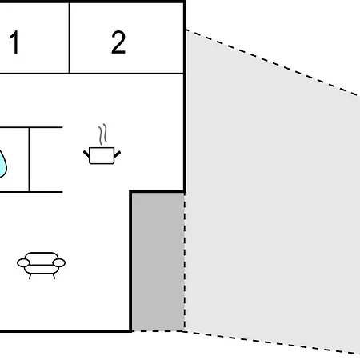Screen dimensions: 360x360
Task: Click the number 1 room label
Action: pyautogui.click(x=14, y=42)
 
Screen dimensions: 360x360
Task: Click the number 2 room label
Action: pyautogui.click(x=118, y=42)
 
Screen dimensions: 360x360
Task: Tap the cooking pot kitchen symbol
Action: pyautogui.click(x=102, y=144)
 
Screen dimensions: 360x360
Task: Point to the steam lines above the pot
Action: pyautogui.click(x=102, y=134)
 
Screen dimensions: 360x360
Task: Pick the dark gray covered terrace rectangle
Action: pyautogui.click(x=158, y=262)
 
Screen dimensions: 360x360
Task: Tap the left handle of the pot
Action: pyautogui.click(x=86, y=154)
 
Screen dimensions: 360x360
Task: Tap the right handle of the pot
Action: pyautogui.click(x=118, y=154)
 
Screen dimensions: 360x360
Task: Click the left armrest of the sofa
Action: pyautogui.click(x=23, y=263)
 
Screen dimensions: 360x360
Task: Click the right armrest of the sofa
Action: pyautogui.click(x=59, y=263)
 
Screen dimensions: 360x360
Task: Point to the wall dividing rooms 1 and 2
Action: pyautogui.click(x=70, y=38)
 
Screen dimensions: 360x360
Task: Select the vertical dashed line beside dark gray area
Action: pyautogui.click(x=185, y=262)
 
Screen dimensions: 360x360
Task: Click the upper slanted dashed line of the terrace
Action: pyautogui.click(x=273, y=62)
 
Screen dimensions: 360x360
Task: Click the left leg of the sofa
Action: pyautogui.click(x=30, y=276)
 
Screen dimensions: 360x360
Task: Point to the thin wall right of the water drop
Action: pyautogui.click(x=29, y=159)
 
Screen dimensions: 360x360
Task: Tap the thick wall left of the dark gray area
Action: pyautogui.click(x=130, y=262)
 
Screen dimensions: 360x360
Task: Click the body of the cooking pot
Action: pyautogui.click(x=102, y=155)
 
